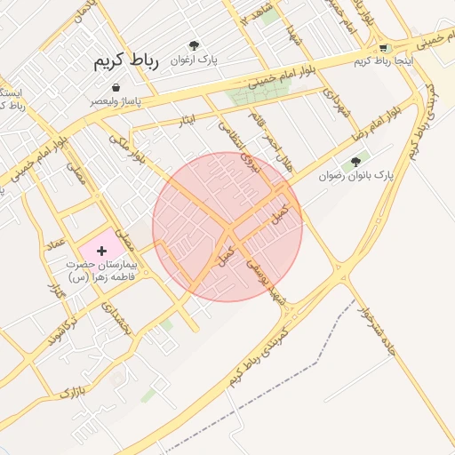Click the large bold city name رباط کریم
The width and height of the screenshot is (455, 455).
click(125, 62)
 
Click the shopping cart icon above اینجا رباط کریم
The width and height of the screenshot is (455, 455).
click(383, 48)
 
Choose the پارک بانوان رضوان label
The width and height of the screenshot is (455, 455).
click(355, 176)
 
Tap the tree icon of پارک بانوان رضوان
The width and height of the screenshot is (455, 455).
click(356, 162)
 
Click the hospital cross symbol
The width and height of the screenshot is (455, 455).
click(100, 251)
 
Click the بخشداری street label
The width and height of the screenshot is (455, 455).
click(116, 316)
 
